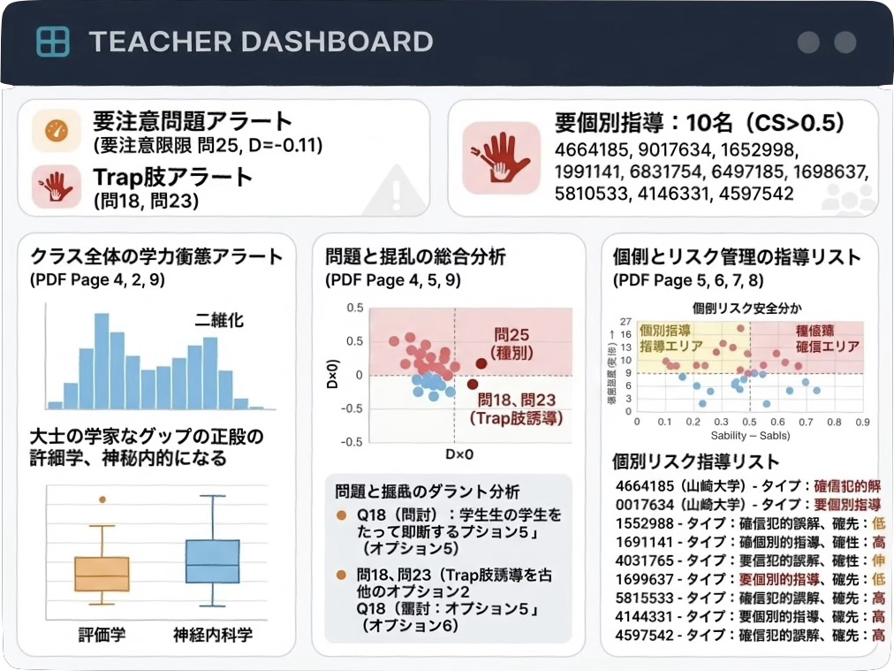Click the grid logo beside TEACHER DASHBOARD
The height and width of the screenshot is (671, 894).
pyautogui.click(x=53, y=42)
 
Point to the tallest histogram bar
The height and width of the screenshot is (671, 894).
pyautogui.click(x=102, y=361)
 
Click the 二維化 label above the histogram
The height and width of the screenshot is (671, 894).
pyautogui.click(x=218, y=321)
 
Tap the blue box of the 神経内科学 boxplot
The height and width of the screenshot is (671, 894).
pyautogui.click(x=212, y=560)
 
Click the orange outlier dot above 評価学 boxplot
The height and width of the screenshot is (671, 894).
pyautogui.click(x=102, y=499)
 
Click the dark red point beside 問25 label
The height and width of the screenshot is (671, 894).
pyautogui.click(x=481, y=363)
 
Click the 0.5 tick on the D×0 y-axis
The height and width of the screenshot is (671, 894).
pyautogui.click(x=354, y=308)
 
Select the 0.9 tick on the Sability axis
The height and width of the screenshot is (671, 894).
pyautogui.click(x=862, y=423)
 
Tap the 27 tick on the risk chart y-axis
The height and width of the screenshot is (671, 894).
pyautogui.click(x=625, y=322)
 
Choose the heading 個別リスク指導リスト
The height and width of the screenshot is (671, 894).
pyautogui.click(x=696, y=461)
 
